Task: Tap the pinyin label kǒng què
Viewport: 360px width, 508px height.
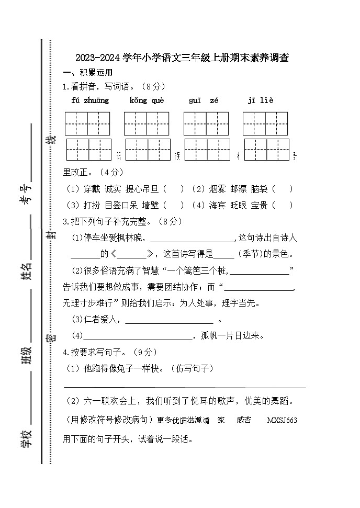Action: coord(147,100)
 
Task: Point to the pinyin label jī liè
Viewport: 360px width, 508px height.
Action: coord(261,100)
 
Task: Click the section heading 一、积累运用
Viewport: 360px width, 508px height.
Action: coord(87,73)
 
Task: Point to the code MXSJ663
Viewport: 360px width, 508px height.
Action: coord(282,420)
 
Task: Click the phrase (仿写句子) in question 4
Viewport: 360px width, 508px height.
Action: coord(192,369)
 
